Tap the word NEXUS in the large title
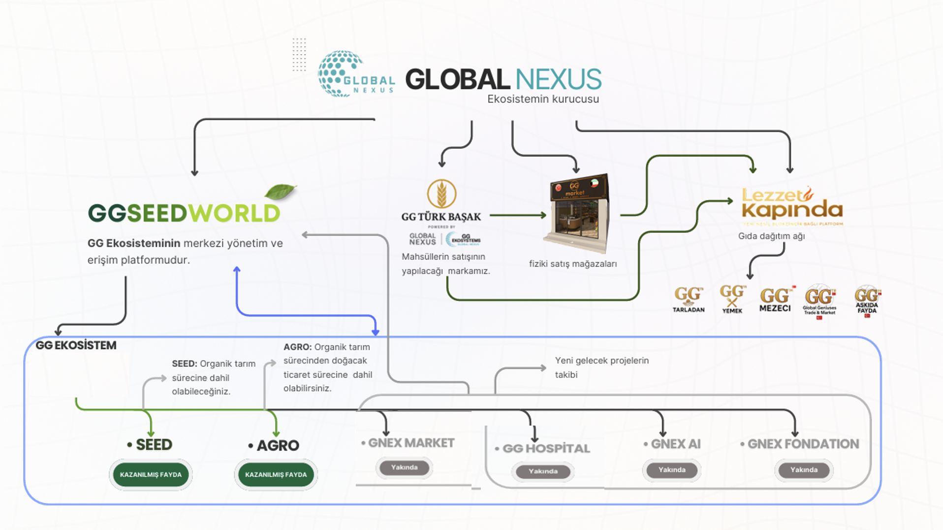[x=558, y=79]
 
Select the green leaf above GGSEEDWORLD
[x=280, y=191]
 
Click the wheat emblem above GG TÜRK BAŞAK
[x=441, y=194]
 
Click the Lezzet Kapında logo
[x=792, y=205]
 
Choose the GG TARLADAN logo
[x=688, y=299]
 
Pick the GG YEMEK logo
[x=732, y=298]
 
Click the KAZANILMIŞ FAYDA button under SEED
[x=151, y=474]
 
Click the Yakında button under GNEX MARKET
[x=404, y=467]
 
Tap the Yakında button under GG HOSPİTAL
[x=543, y=471]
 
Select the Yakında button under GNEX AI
[x=672, y=470]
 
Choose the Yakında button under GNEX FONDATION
[x=804, y=470]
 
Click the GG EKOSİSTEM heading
[x=76, y=345]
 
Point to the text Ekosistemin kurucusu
[x=543, y=99]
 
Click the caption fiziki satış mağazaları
[x=572, y=264]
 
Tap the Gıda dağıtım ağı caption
[x=771, y=236]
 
